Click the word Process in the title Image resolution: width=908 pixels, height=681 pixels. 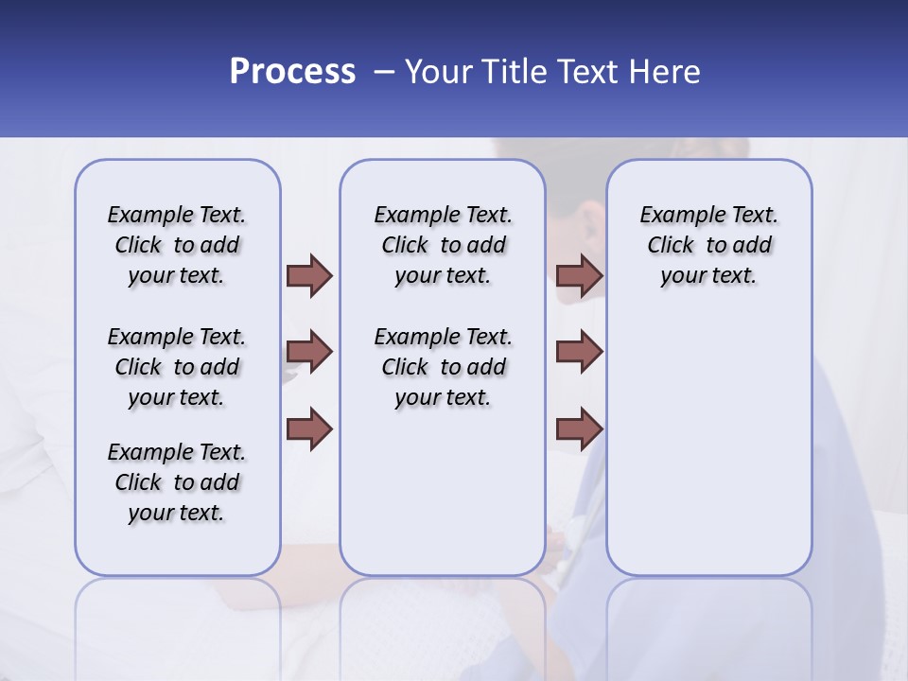(x=292, y=72)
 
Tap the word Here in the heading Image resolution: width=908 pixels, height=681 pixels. (x=665, y=72)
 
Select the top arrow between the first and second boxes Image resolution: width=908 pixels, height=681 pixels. (x=309, y=276)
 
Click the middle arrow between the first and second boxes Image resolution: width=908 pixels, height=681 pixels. (x=309, y=352)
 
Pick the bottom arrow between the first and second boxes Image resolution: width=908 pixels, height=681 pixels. (x=309, y=428)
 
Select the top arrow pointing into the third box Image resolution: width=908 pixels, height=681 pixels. (x=580, y=276)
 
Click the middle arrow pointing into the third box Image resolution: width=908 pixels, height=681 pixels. (x=580, y=352)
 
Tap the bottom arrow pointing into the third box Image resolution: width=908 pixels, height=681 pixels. (x=580, y=428)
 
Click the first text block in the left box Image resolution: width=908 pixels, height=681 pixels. (x=177, y=245)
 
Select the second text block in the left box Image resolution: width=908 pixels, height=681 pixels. (x=177, y=367)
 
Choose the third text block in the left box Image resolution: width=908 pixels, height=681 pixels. (x=177, y=482)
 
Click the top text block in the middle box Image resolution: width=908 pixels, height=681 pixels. (x=443, y=245)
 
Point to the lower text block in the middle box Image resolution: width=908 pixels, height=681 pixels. (x=443, y=367)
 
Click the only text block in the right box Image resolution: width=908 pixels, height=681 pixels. (x=708, y=245)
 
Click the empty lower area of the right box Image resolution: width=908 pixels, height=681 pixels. (x=708, y=445)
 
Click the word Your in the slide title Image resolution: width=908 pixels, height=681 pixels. (x=439, y=72)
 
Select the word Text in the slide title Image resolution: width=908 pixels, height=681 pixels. (x=591, y=72)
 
